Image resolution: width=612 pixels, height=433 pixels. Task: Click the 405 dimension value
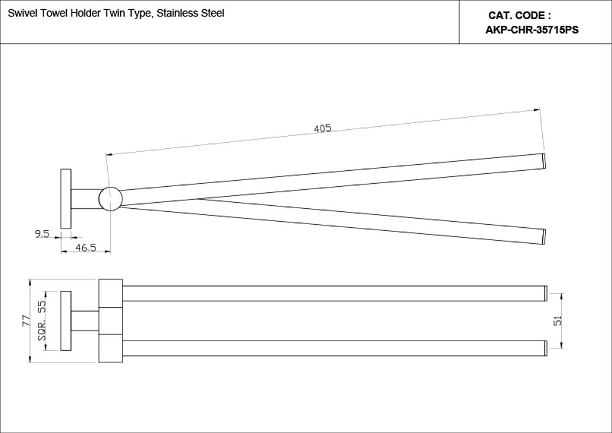point(323,128)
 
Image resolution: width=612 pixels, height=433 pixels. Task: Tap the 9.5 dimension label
point(42,233)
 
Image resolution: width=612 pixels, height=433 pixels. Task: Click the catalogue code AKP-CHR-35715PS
point(532,29)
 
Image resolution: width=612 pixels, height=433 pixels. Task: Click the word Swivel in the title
point(20,13)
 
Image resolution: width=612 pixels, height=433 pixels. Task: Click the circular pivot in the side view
point(111,198)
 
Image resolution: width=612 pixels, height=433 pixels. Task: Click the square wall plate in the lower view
point(66,321)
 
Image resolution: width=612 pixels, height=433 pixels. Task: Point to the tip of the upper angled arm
point(543,160)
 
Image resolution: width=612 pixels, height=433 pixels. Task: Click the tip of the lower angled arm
point(543,236)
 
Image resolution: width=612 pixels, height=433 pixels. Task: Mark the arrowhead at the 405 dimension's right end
point(538,110)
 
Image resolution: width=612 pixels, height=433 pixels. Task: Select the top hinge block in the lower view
point(111,293)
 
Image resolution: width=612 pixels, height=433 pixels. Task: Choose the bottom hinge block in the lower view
point(111,348)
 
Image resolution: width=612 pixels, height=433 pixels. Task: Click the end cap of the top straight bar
point(546,293)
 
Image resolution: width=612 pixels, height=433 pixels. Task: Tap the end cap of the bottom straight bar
point(546,348)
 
